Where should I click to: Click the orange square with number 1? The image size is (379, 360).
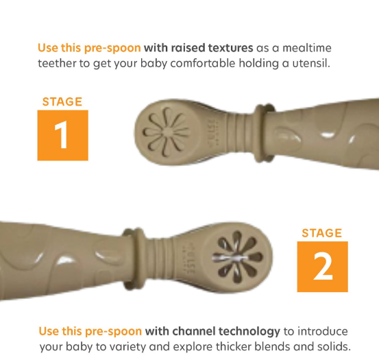point(63,135)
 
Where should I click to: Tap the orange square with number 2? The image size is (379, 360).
point(322,267)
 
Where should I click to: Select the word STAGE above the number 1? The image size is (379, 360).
point(62,101)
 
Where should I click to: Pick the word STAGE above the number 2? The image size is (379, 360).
point(322,233)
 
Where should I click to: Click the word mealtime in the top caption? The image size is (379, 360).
point(307,48)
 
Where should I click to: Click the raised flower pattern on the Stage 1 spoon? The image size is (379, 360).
point(166,132)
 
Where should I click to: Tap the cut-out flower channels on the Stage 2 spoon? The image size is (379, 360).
point(238,257)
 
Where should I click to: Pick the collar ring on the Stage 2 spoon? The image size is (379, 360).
point(134,259)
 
